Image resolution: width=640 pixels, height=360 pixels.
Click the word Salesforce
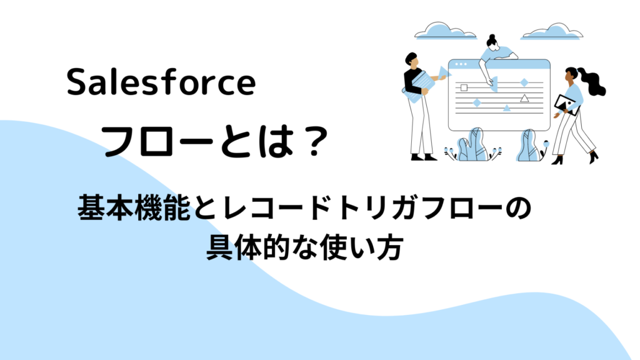point(161,82)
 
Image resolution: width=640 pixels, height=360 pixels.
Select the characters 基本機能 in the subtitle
point(134,207)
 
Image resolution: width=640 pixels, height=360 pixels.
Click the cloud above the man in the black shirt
point(445,31)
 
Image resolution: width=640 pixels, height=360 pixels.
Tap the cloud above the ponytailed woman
point(551,32)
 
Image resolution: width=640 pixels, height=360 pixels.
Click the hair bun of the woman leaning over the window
point(492,37)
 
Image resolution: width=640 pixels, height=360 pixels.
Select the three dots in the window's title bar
point(461,64)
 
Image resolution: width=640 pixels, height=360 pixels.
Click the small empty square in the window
point(464,87)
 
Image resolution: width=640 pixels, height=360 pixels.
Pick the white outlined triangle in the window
point(524,98)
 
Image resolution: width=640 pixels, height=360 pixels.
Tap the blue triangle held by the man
point(443,73)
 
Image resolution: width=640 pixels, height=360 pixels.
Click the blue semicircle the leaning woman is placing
point(494,84)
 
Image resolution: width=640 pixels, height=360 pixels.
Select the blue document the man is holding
point(419,87)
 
